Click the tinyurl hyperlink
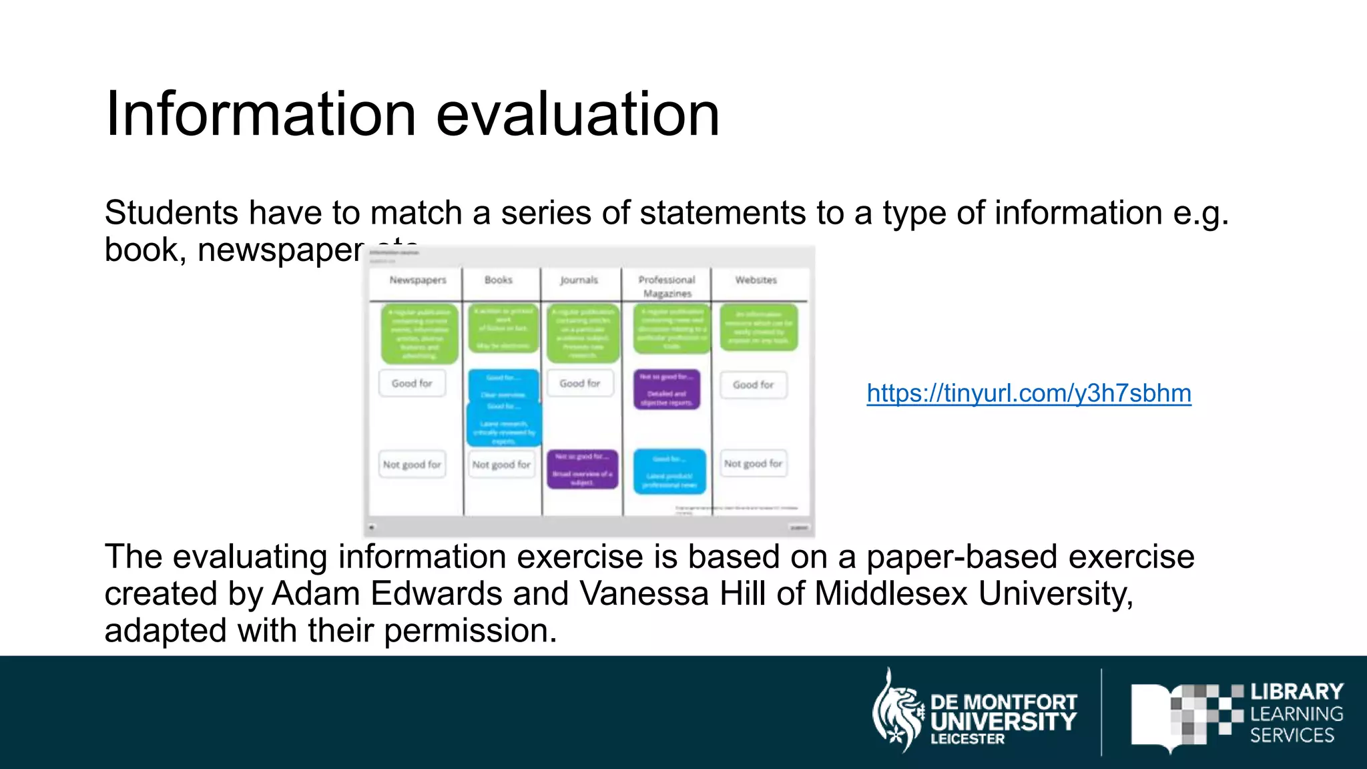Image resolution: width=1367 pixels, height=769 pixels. tap(1029, 393)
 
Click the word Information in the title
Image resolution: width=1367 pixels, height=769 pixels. tap(261, 114)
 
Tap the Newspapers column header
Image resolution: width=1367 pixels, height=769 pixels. tap(418, 280)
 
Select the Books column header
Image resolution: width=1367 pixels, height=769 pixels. tap(499, 280)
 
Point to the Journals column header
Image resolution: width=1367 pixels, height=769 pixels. tap(579, 280)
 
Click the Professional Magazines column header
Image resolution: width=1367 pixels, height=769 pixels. tap(667, 286)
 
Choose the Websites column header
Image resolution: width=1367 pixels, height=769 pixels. tap(756, 280)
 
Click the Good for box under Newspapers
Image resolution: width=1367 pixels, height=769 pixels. tap(412, 384)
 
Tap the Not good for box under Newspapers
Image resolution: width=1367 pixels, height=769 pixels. tap(412, 465)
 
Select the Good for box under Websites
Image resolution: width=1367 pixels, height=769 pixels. tap(754, 385)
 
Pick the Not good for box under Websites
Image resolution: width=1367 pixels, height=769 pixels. tap(754, 464)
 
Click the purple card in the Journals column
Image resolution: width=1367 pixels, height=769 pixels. tap(583, 469)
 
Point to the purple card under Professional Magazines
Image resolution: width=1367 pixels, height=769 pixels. tap(667, 389)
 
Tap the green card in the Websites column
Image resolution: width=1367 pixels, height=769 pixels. tap(758, 327)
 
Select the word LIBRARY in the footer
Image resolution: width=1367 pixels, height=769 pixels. tap(1296, 692)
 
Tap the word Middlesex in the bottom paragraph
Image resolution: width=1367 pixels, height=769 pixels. tap(890, 593)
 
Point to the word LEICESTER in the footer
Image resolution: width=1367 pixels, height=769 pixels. tap(967, 739)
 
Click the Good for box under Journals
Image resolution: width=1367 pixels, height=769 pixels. tap(580, 384)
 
